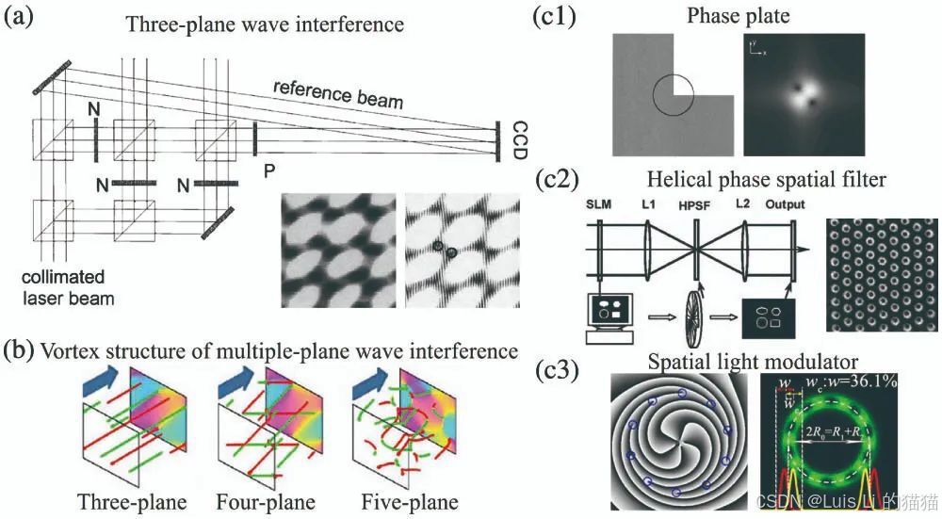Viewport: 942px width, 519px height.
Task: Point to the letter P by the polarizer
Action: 269,172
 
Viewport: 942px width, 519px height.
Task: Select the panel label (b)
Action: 21,350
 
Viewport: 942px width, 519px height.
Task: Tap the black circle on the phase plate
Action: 675,96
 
